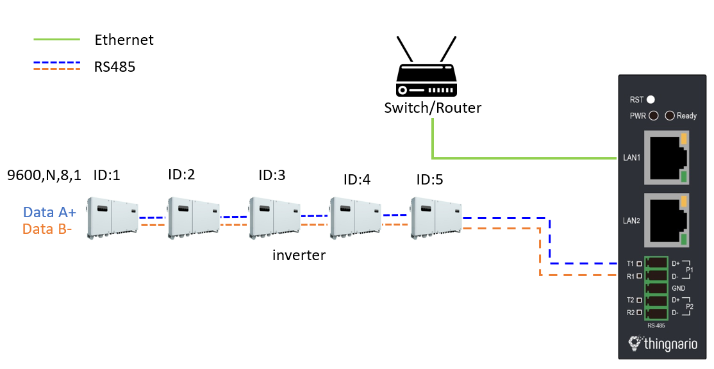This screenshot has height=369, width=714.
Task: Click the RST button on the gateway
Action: [651, 99]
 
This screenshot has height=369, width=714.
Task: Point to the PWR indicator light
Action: [654, 116]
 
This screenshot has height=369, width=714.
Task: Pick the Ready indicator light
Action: [670, 116]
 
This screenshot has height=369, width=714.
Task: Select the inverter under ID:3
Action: [274, 217]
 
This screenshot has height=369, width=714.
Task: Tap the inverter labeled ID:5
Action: [436, 217]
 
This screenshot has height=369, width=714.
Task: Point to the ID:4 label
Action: [357, 180]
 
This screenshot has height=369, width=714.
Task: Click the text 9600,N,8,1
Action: [44, 175]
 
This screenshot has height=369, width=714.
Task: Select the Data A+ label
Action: [49, 213]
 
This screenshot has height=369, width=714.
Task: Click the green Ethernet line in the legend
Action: [56, 40]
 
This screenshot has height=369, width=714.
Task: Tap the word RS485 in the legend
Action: [115, 66]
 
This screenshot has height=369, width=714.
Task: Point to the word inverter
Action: [299, 256]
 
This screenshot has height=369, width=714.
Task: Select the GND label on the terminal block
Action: [679, 288]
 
